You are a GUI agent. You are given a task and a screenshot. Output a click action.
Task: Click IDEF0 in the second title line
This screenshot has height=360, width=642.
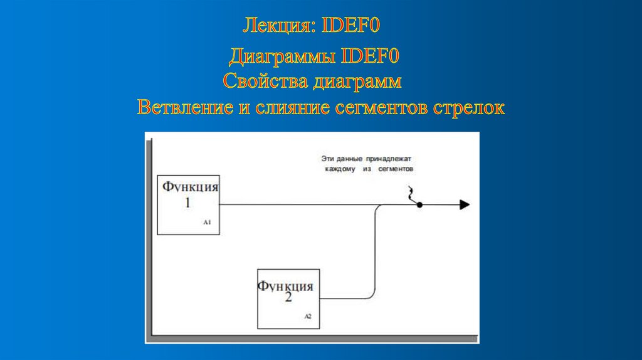370,58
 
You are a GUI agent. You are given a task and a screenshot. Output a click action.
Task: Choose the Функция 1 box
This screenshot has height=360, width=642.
188,204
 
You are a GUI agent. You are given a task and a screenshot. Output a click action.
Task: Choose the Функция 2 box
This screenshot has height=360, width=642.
288,298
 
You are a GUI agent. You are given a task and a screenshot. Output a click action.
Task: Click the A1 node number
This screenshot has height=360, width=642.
207,223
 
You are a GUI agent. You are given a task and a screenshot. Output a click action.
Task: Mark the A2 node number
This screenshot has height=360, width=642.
308,317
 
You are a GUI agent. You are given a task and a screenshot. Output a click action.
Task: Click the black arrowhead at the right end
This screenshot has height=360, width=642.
465,204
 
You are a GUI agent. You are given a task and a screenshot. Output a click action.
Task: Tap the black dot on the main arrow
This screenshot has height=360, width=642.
419,204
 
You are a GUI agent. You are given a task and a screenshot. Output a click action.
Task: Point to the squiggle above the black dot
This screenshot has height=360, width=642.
411,194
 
